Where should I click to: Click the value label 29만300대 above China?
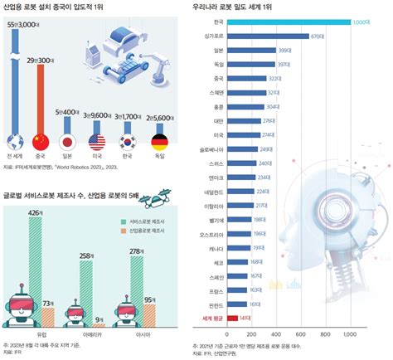pos(41,61)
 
